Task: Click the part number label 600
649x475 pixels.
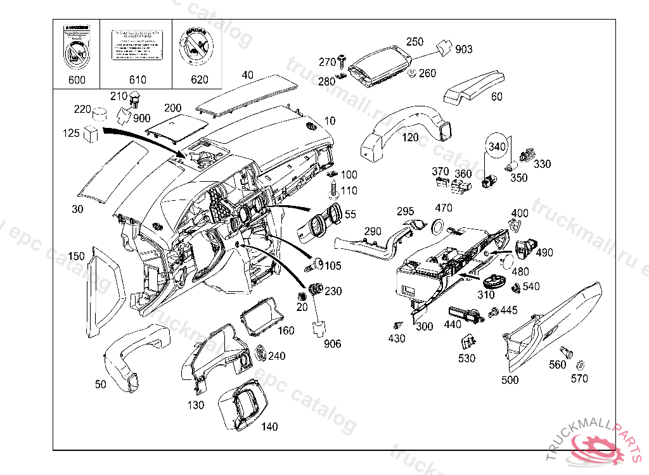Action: (77, 80)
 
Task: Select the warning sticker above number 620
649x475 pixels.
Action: (198, 47)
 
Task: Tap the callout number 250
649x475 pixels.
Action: (414, 42)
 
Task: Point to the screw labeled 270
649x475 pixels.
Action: (343, 61)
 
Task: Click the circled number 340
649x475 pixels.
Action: (497, 146)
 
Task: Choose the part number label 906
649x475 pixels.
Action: (332, 344)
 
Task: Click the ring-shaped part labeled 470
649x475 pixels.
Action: (437, 225)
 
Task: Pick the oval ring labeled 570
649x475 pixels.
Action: (580, 365)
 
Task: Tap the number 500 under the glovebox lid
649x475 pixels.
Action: (510, 380)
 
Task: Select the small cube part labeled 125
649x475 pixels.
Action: (91, 133)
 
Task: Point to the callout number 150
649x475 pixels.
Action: (76, 256)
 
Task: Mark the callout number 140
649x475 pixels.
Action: (269, 427)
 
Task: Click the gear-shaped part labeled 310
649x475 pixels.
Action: (492, 280)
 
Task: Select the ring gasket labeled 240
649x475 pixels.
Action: (260, 352)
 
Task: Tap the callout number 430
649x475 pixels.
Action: (397, 339)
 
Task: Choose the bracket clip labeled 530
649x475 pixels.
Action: (467, 343)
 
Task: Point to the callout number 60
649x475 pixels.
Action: (497, 97)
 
